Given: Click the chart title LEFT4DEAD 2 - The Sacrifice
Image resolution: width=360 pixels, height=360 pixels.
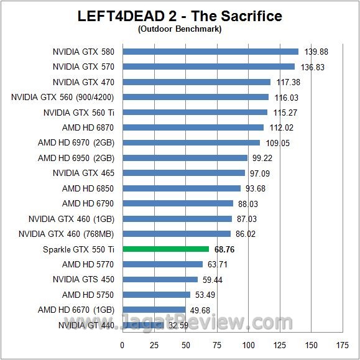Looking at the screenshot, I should [180, 16].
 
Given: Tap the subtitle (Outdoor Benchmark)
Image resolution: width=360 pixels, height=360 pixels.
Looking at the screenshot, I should [180, 29].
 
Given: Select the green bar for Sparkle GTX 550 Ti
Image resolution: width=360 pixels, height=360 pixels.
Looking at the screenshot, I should [166, 249].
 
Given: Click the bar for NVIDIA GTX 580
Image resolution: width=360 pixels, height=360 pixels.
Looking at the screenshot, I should [211, 52].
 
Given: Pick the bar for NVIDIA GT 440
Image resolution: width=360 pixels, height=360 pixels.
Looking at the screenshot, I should [143, 325].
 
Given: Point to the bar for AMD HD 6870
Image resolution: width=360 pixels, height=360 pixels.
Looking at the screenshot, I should [193, 127].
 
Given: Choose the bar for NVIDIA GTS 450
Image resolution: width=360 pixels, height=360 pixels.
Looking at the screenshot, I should [160, 279].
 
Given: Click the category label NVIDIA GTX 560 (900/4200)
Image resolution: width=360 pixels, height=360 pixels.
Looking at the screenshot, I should [63, 97].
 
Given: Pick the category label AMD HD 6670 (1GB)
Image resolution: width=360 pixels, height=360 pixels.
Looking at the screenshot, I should [76, 310].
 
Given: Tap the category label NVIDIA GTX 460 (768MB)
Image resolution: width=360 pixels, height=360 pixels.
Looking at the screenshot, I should [67, 234].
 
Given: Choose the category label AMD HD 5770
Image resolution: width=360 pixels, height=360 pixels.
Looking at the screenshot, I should [88, 264].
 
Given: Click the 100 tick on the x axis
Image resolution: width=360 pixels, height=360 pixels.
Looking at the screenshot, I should [249, 345].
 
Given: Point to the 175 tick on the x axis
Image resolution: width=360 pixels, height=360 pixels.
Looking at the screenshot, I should [343, 345].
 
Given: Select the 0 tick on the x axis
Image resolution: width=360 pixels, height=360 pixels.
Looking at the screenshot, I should [122, 345].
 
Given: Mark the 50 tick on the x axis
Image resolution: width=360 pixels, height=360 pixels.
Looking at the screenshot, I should [185, 345].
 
